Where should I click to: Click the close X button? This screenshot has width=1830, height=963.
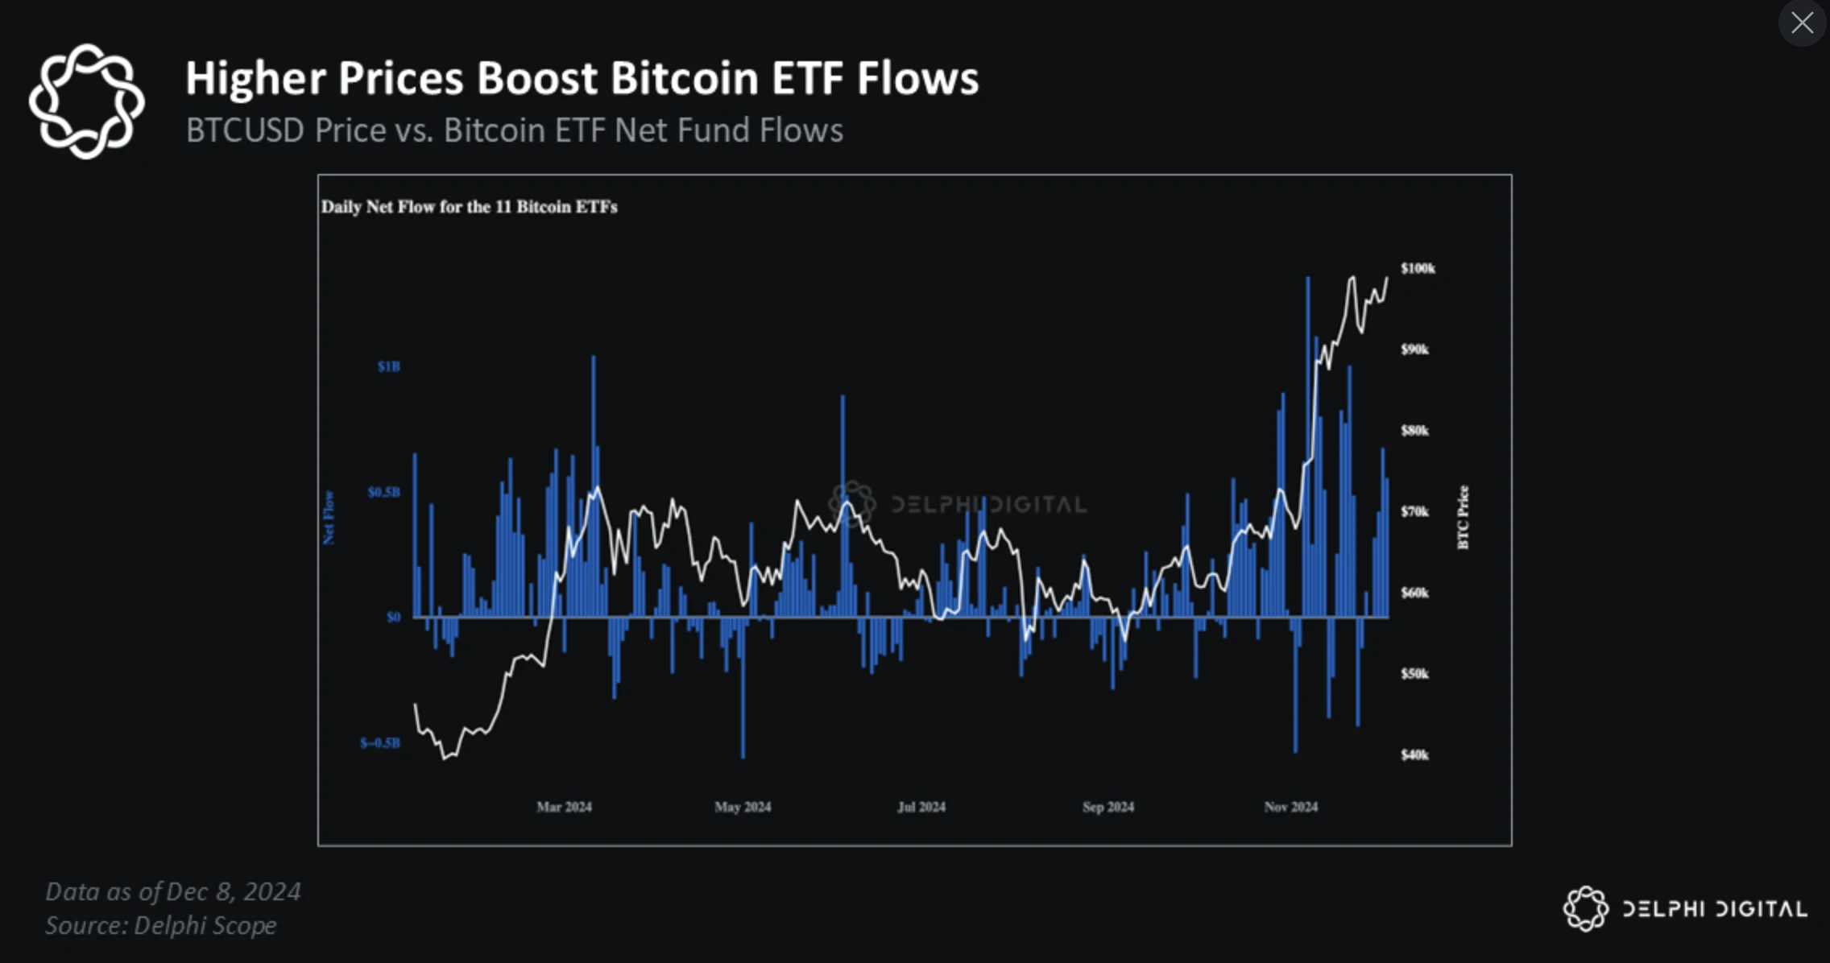point(1802,23)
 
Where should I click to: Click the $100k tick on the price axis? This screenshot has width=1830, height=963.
point(1418,268)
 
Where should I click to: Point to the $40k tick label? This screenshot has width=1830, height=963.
point(1414,754)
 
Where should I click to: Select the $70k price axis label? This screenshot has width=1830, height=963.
point(1414,511)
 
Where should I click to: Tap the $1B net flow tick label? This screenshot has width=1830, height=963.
point(388,366)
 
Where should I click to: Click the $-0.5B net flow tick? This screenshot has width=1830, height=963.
point(380,742)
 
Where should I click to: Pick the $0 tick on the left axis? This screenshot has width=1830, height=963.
point(393,618)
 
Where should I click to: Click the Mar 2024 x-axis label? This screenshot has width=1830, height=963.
point(564,807)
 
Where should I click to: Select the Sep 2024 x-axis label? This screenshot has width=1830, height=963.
point(1108,807)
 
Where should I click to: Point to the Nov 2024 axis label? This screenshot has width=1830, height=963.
point(1290,807)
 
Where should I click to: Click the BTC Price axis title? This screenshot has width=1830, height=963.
point(1464,518)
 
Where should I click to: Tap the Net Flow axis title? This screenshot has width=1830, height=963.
point(329,518)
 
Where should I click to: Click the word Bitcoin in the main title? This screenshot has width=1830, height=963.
point(684,79)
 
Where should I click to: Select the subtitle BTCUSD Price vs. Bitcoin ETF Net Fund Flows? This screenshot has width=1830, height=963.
point(514,130)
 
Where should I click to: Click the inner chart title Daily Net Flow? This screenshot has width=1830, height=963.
point(469,207)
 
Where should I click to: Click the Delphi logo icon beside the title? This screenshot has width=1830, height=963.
point(86,101)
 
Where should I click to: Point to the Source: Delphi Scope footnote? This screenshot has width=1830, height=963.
point(160,926)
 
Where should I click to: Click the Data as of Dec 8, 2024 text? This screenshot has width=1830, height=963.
point(172,891)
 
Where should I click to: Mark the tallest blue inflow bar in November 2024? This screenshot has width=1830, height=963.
point(1307,443)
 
